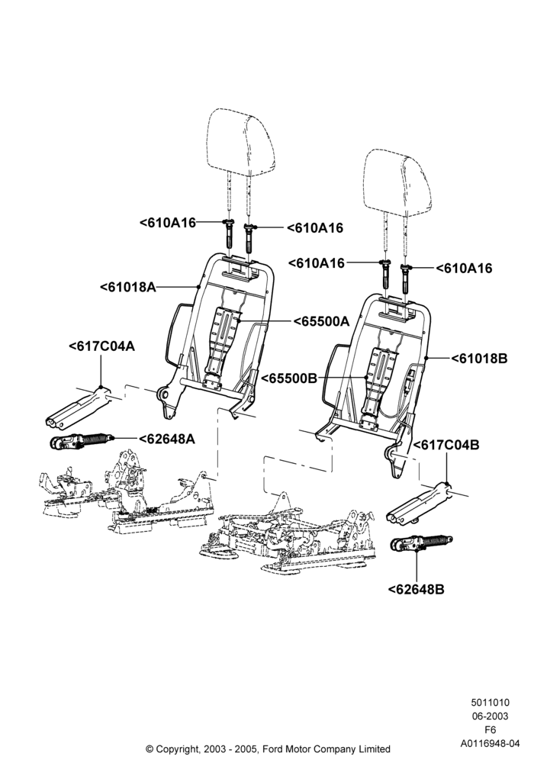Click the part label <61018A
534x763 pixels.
(x=128, y=287)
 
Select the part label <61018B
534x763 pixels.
(x=480, y=359)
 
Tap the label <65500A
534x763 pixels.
(x=321, y=321)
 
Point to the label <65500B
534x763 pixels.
(x=289, y=378)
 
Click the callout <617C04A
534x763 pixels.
(x=101, y=346)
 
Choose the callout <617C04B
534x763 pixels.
(x=446, y=445)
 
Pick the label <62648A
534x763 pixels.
(x=167, y=439)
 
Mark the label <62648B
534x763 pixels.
(x=417, y=589)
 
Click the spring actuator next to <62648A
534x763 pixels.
(x=82, y=442)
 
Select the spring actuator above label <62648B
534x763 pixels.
(x=421, y=542)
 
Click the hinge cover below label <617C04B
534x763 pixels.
(x=420, y=504)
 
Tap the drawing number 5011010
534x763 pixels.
(x=490, y=703)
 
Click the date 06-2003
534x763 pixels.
(x=490, y=716)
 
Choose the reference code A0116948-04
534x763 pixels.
(x=490, y=743)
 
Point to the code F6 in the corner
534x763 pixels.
(x=490, y=730)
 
